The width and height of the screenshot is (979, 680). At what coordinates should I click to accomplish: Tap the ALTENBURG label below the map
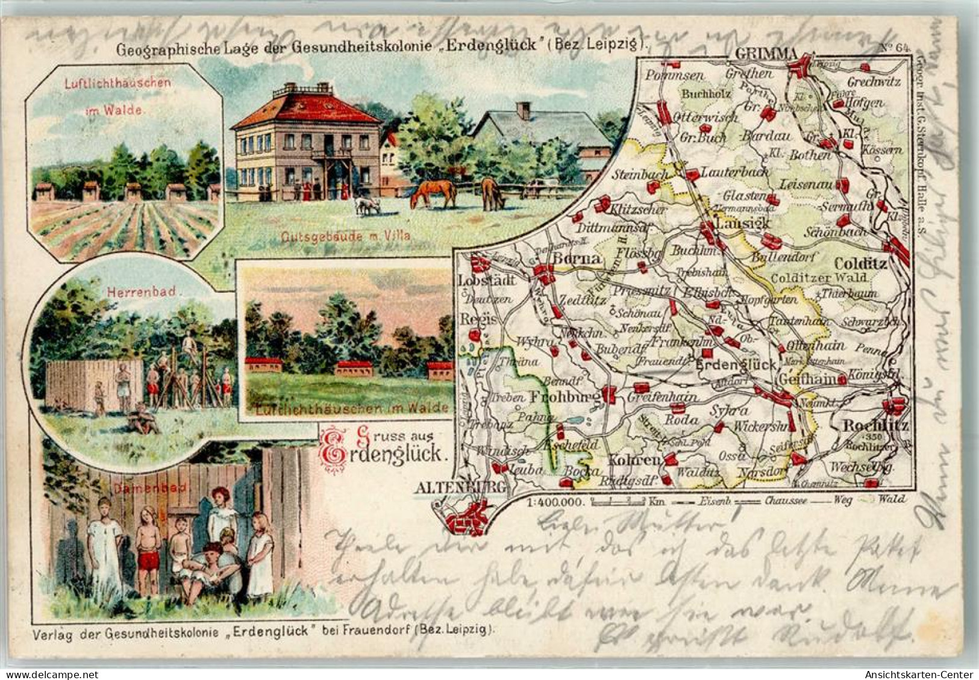(458, 489)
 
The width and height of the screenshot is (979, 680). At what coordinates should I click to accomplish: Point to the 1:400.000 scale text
(555, 501)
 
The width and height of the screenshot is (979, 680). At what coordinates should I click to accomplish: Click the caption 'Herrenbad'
(140, 292)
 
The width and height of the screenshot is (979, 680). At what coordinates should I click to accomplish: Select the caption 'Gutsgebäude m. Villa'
(345, 236)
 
